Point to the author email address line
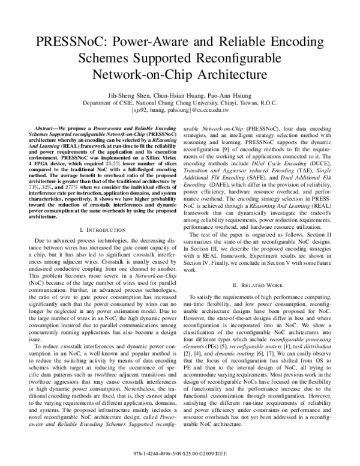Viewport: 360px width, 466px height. tap(180, 110)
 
